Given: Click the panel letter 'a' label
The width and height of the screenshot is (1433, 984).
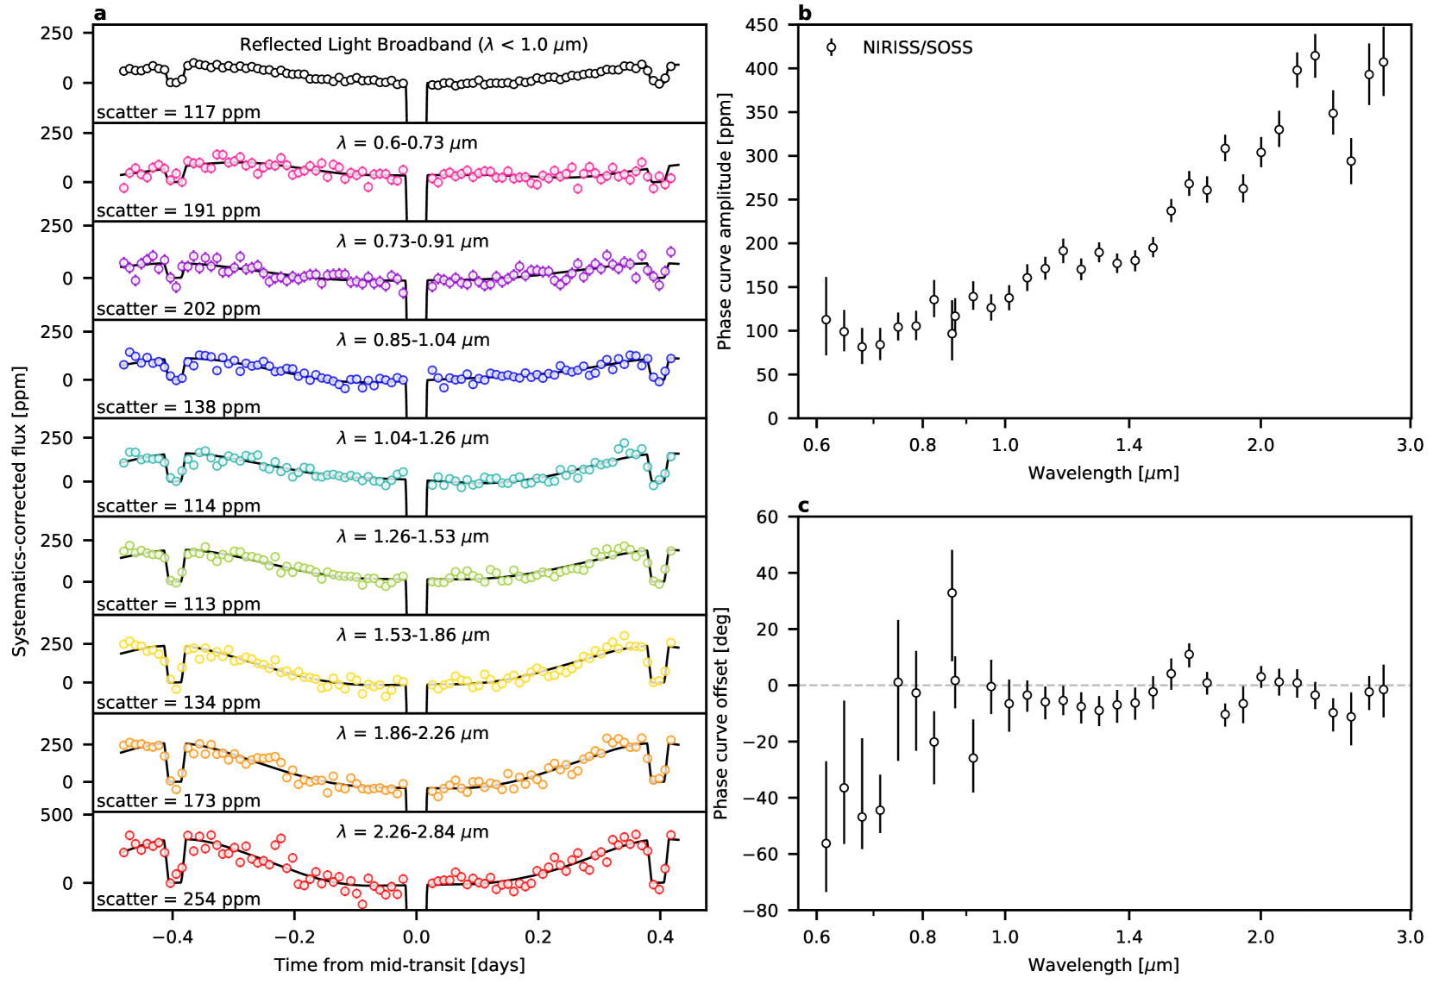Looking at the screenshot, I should point(100,13).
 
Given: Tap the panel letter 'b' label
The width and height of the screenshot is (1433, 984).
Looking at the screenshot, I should point(804,13).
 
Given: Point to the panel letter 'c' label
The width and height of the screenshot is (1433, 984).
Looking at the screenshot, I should point(803,505).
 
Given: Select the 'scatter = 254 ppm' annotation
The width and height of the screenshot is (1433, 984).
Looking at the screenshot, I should point(178,899).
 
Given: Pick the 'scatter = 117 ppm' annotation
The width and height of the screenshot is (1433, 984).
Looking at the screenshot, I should point(178,112).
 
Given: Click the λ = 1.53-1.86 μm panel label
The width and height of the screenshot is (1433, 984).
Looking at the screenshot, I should point(413,635).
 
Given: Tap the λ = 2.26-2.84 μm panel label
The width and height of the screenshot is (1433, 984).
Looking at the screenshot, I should point(413,832).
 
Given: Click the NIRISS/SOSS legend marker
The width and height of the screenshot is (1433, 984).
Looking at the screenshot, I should point(831,47).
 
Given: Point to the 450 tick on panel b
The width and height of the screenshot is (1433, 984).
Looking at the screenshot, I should point(762,25).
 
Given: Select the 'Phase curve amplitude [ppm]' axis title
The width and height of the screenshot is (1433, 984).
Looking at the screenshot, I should point(724,222).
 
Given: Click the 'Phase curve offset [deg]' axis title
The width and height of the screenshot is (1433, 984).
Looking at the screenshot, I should point(721,713).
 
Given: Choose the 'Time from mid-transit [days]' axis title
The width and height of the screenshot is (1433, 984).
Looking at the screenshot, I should point(399,965).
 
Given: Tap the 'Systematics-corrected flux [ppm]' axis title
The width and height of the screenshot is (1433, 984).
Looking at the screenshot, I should point(19,511).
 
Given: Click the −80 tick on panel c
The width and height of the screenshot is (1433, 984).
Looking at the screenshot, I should point(759,911).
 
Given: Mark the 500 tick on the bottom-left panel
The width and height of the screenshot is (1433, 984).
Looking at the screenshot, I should point(56,815).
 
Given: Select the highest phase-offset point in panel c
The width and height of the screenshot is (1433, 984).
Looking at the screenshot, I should point(952,593).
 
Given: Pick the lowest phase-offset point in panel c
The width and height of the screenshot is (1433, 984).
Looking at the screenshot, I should point(826,843).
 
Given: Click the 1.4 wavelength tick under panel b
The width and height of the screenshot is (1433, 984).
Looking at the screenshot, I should point(1128,445).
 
